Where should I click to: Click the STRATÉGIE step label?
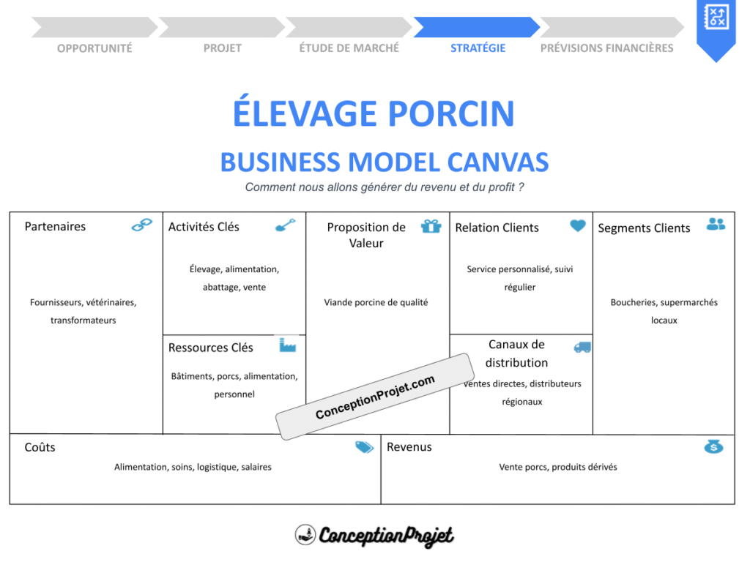pos(478,48)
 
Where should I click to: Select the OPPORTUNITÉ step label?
pos(94,48)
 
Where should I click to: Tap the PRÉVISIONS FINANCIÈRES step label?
pos(606,48)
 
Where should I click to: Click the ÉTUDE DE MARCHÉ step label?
pos(349,48)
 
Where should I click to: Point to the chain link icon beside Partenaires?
pos(141,225)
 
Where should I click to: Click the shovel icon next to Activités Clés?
pos(285,225)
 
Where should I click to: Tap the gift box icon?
pos(431,226)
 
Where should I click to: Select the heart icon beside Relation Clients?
pos(578,226)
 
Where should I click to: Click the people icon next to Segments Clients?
pos(716,224)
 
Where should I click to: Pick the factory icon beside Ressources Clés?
pos(287,345)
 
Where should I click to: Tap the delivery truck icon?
pos(582,347)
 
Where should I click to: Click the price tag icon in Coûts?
pos(364,447)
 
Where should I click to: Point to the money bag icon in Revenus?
pos(713,446)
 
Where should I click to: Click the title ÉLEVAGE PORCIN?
pos(374,114)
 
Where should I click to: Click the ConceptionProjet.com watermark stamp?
pos(375,397)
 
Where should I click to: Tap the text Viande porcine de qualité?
pos(376,302)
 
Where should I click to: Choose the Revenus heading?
pos(409,447)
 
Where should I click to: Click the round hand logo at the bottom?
pos(305,535)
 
